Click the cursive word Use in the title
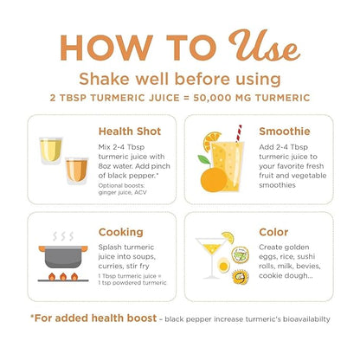264,46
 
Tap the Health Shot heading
130,132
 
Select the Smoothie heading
285,132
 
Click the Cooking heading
121,232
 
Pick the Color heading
273,232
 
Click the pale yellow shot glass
51,150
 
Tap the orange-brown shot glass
76,170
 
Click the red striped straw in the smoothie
239,134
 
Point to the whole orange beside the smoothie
214,179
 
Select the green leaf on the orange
204,160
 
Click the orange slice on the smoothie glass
212,141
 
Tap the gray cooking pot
63,256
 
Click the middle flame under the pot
63,277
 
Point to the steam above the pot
63,236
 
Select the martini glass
211,258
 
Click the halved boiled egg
223,266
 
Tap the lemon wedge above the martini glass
228,237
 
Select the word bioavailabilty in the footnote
306,319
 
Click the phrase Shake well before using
180,79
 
